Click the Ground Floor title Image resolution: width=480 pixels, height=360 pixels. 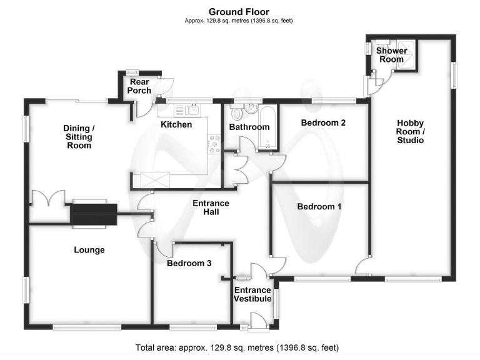239,11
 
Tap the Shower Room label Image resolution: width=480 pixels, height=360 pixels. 391,55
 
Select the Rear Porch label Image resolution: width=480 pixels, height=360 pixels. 139,86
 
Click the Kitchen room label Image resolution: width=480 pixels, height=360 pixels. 176,124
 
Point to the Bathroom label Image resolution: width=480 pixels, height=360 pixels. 249,127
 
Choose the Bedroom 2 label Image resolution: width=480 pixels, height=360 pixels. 323,122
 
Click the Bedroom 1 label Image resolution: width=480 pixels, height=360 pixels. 319,206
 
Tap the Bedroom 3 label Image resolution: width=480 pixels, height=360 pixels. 189,263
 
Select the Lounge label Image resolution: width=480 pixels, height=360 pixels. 89,250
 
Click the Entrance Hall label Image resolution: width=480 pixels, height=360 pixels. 211,208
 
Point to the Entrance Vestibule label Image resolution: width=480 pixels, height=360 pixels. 252,294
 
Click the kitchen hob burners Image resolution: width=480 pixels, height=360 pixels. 214,144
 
